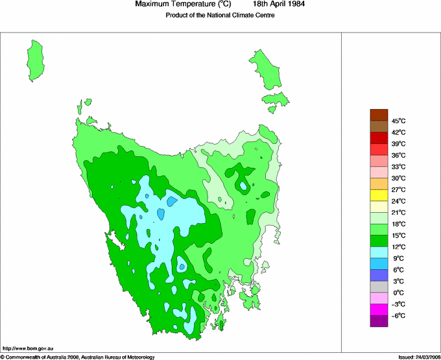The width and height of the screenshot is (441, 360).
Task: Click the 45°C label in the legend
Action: point(398,121)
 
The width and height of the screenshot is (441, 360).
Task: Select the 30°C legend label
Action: point(398,178)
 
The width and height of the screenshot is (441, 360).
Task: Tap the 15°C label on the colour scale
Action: point(398,235)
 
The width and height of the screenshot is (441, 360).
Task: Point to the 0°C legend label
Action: point(398,293)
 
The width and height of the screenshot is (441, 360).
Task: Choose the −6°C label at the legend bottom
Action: point(398,315)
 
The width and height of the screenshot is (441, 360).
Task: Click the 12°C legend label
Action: point(398,247)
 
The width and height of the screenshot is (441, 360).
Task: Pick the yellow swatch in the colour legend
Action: point(379,195)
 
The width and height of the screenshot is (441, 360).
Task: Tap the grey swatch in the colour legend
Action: point(379,287)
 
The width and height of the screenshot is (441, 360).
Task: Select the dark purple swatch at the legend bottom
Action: point(379,321)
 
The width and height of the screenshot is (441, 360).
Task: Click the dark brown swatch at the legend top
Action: point(379,115)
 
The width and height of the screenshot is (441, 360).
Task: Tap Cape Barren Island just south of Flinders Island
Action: point(276,99)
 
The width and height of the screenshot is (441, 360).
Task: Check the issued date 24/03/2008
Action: point(423,357)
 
